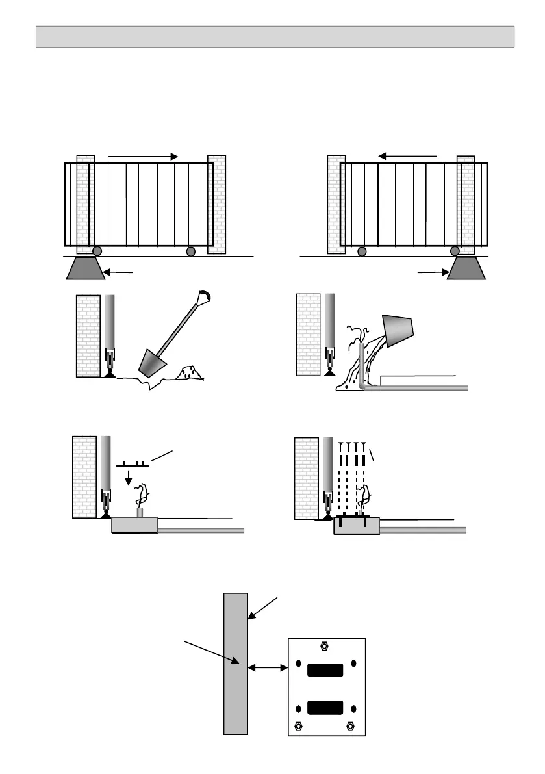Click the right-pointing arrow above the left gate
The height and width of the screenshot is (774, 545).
[x=143, y=157]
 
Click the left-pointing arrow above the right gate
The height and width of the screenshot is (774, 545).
[x=408, y=156]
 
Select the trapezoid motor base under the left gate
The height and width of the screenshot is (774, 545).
[x=86, y=268]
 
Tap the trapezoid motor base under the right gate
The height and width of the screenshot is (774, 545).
[x=466, y=268]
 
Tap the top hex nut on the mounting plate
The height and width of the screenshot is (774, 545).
[x=324, y=646]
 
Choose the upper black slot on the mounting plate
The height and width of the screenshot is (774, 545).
[x=327, y=670]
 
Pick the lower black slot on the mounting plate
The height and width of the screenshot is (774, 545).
[x=327, y=708]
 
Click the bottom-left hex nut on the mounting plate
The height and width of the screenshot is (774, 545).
[x=299, y=725]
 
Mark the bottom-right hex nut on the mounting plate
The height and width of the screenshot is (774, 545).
[x=351, y=725]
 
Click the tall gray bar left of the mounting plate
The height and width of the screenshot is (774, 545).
[x=235, y=663]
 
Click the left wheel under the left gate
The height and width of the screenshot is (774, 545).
[x=97, y=252]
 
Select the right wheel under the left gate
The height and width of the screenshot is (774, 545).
[x=190, y=252]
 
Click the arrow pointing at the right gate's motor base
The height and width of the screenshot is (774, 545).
[x=431, y=272]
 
